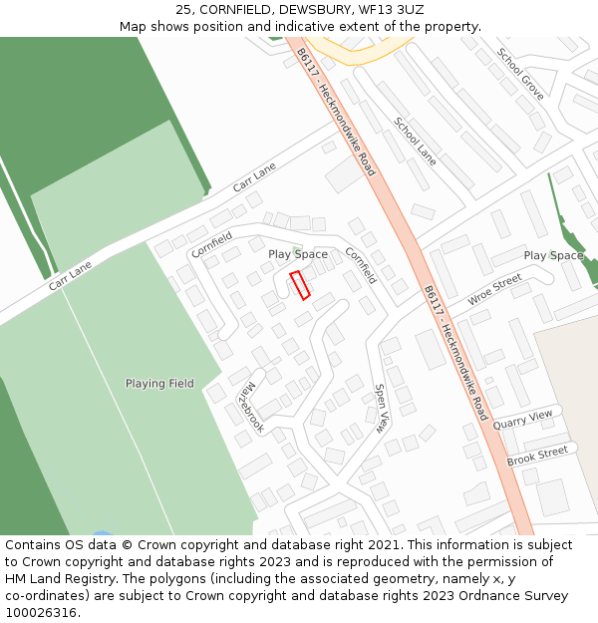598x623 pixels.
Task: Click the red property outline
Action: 300,285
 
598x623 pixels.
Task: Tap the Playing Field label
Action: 159,383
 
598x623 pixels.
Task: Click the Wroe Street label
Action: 494,291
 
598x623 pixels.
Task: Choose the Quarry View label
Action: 522,420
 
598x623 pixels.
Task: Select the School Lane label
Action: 415,142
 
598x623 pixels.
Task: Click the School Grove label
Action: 520,74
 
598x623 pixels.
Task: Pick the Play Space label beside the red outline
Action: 298,254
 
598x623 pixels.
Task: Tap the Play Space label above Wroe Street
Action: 553,255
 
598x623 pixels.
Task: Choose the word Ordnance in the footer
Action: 484,596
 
